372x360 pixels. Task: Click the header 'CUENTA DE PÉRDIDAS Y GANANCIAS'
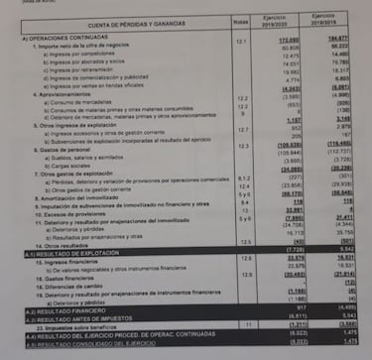(139, 25)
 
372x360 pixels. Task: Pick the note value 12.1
(241, 45)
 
